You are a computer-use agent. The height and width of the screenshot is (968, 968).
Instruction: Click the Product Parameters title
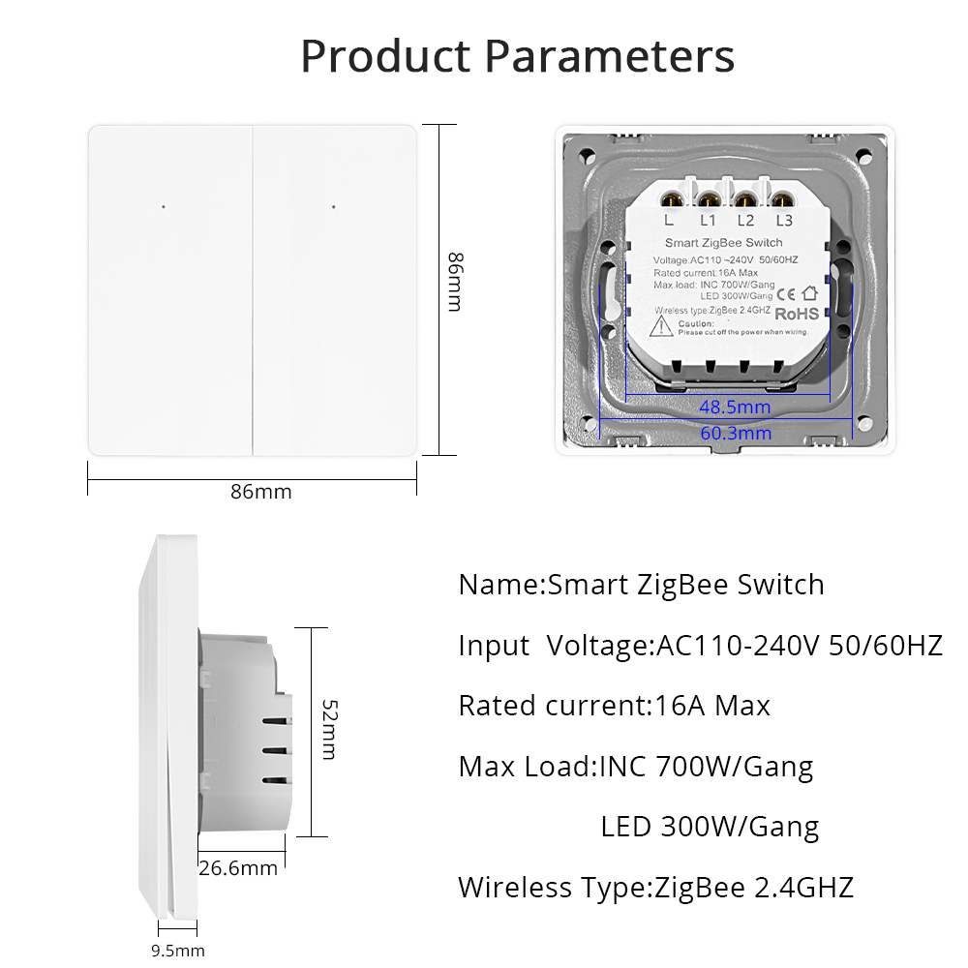(518, 56)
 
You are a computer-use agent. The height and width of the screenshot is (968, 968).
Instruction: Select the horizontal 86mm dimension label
(260, 492)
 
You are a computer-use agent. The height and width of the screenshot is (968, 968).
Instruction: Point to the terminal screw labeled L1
(709, 200)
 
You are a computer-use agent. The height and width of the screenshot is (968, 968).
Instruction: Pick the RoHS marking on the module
(797, 314)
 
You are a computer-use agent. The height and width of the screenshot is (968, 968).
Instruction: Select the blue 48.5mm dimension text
(736, 407)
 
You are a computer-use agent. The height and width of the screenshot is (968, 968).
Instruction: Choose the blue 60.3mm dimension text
(736, 433)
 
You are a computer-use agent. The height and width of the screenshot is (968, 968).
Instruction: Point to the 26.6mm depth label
(238, 868)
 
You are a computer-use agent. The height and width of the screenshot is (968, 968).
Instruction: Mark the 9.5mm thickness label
(178, 951)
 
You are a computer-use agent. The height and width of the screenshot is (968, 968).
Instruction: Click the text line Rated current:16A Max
(614, 706)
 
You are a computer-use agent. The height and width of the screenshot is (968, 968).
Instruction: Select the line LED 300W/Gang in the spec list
(710, 827)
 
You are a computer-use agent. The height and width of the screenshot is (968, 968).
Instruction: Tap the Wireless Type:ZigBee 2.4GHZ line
(655, 887)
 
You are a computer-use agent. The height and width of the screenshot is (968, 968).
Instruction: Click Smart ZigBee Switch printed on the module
(723, 242)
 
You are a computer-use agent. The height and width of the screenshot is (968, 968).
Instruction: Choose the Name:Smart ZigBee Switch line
(641, 585)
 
